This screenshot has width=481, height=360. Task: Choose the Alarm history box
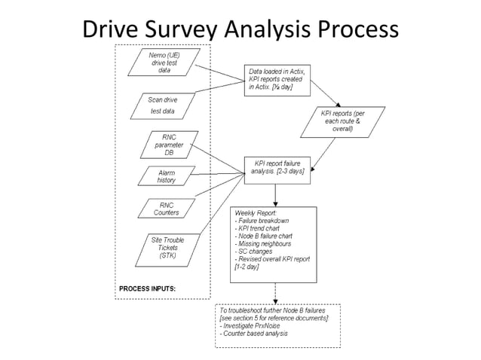(164, 177)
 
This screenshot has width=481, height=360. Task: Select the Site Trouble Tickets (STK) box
(162, 246)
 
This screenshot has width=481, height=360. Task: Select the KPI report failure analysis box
(274, 168)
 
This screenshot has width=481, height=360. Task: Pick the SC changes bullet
(256, 251)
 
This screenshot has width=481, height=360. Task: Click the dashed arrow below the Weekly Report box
(274, 293)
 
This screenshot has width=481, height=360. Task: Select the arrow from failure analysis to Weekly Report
(274, 194)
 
